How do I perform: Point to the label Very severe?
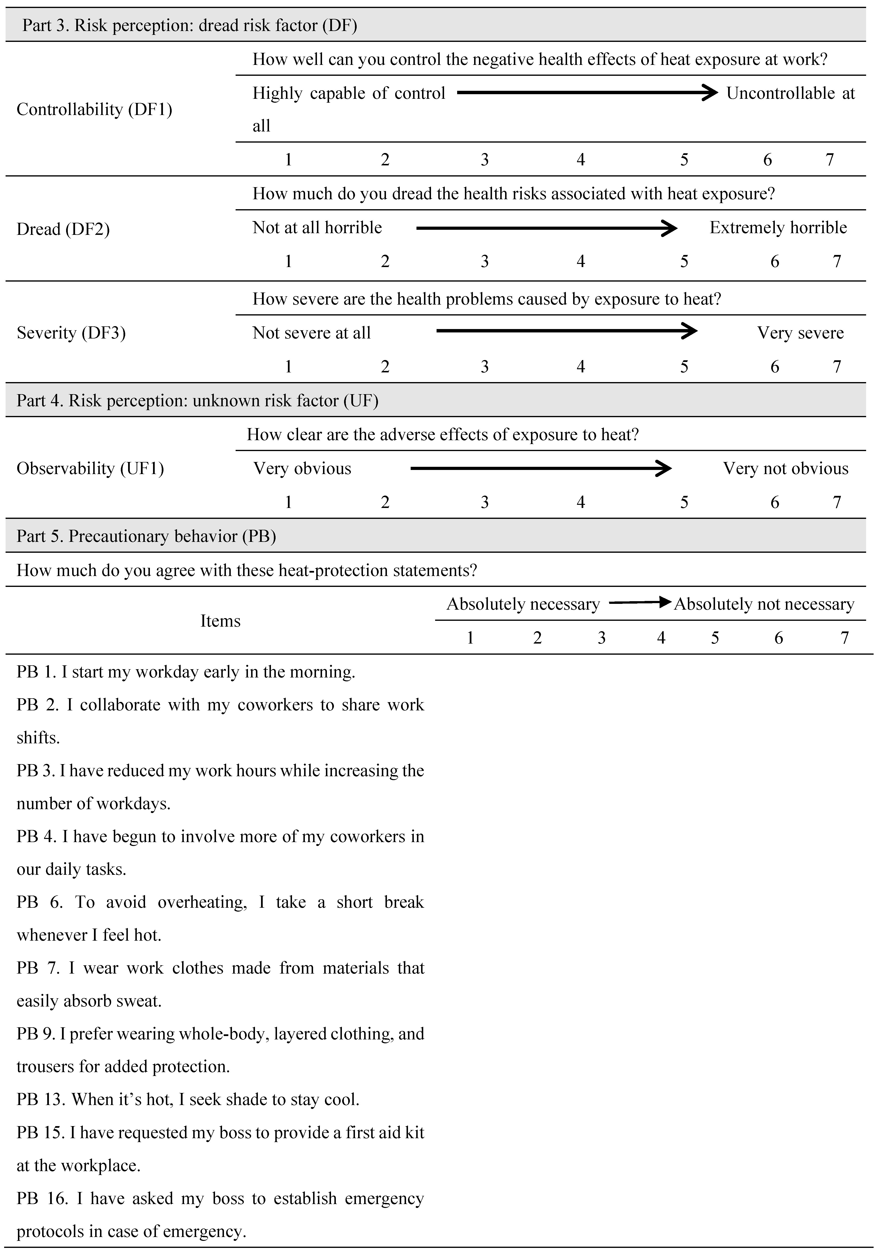click(800, 333)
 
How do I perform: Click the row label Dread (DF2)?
click(63, 229)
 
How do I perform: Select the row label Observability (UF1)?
click(90, 469)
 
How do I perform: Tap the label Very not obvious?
click(785, 469)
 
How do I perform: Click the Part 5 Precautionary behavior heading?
click(146, 536)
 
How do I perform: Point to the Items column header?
click(220, 621)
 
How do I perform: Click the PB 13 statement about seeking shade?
click(188, 1099)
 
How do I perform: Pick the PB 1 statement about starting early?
click(185, 672)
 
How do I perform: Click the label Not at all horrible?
click(317, 227)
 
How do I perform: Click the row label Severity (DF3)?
click(71, 333)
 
